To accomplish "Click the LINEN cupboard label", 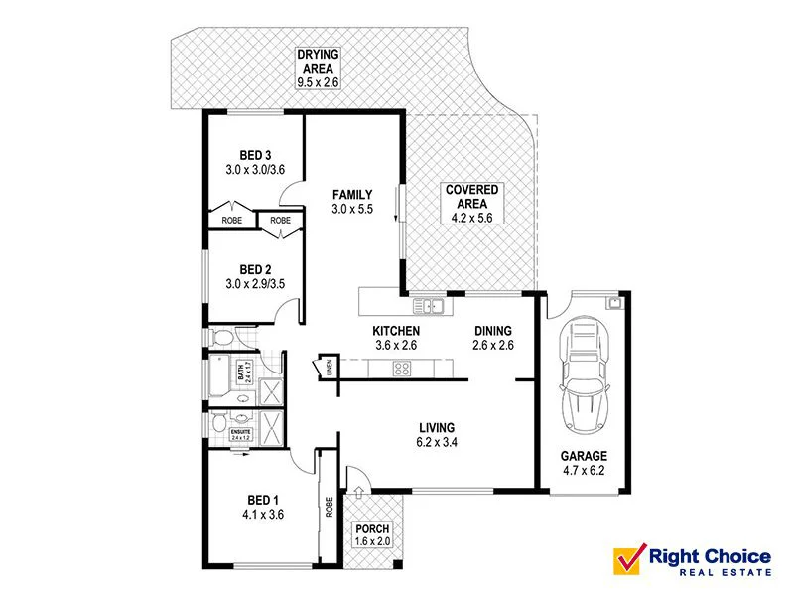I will pos(328,368).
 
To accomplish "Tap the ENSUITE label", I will pos(241,434).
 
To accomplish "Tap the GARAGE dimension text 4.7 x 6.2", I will pos(583,473).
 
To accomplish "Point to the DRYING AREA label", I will pos(317,61).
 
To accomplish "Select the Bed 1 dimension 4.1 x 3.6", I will pos(255,516).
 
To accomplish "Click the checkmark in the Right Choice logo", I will pos(628,558).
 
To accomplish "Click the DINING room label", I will pos(492,331).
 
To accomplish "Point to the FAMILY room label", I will pos(352,195).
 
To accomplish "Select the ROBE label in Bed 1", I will pos(327,507).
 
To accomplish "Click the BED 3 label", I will pos(255,155).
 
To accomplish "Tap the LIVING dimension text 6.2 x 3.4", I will pos(442,443).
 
